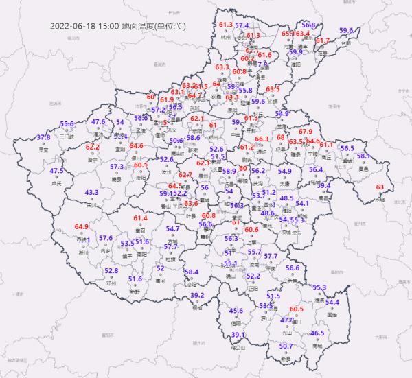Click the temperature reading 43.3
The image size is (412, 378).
point(91,193)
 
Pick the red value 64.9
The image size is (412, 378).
point(82,226)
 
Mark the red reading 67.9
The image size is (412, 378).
point(306,131)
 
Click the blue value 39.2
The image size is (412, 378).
point(198,295)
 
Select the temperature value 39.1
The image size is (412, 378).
point(238,335)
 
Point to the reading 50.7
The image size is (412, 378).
point(287,346)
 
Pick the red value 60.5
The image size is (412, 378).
point(297,309)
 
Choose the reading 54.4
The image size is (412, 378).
point(332,302)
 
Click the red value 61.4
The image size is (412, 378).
point(141,218)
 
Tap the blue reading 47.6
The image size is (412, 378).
point(98,122)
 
